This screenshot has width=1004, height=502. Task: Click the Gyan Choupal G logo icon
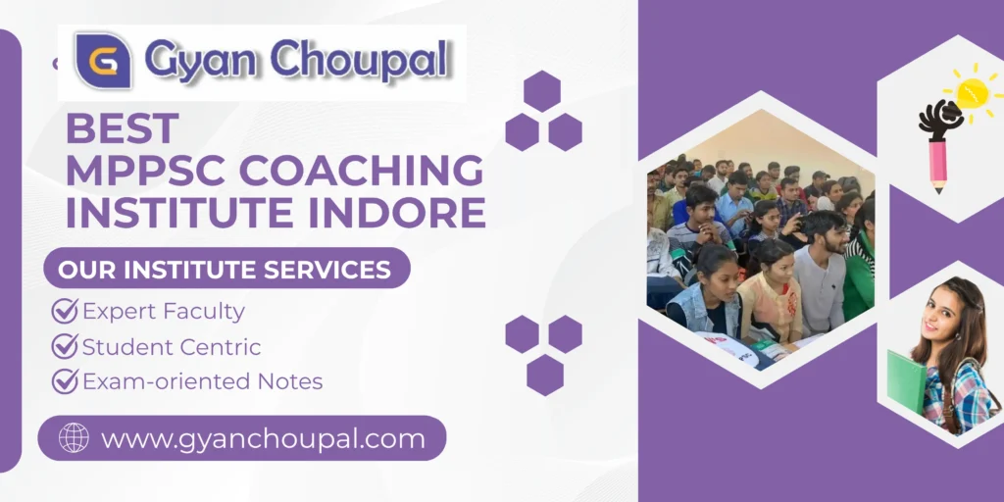(x=103, y=61)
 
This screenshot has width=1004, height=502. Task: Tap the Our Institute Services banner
(x=226, y=268)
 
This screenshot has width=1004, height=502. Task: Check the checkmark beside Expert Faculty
(x=65, y=312)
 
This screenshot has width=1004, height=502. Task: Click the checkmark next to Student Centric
(x=65, y=346)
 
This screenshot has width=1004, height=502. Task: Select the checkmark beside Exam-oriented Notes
(x=65, y=380)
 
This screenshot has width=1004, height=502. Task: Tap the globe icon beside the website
(x=74, y=438)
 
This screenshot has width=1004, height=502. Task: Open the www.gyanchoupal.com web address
(x=263, y=438)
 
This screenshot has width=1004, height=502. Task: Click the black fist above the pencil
(x=938, y=120)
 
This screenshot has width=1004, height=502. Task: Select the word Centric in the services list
(x=226, y=346)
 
